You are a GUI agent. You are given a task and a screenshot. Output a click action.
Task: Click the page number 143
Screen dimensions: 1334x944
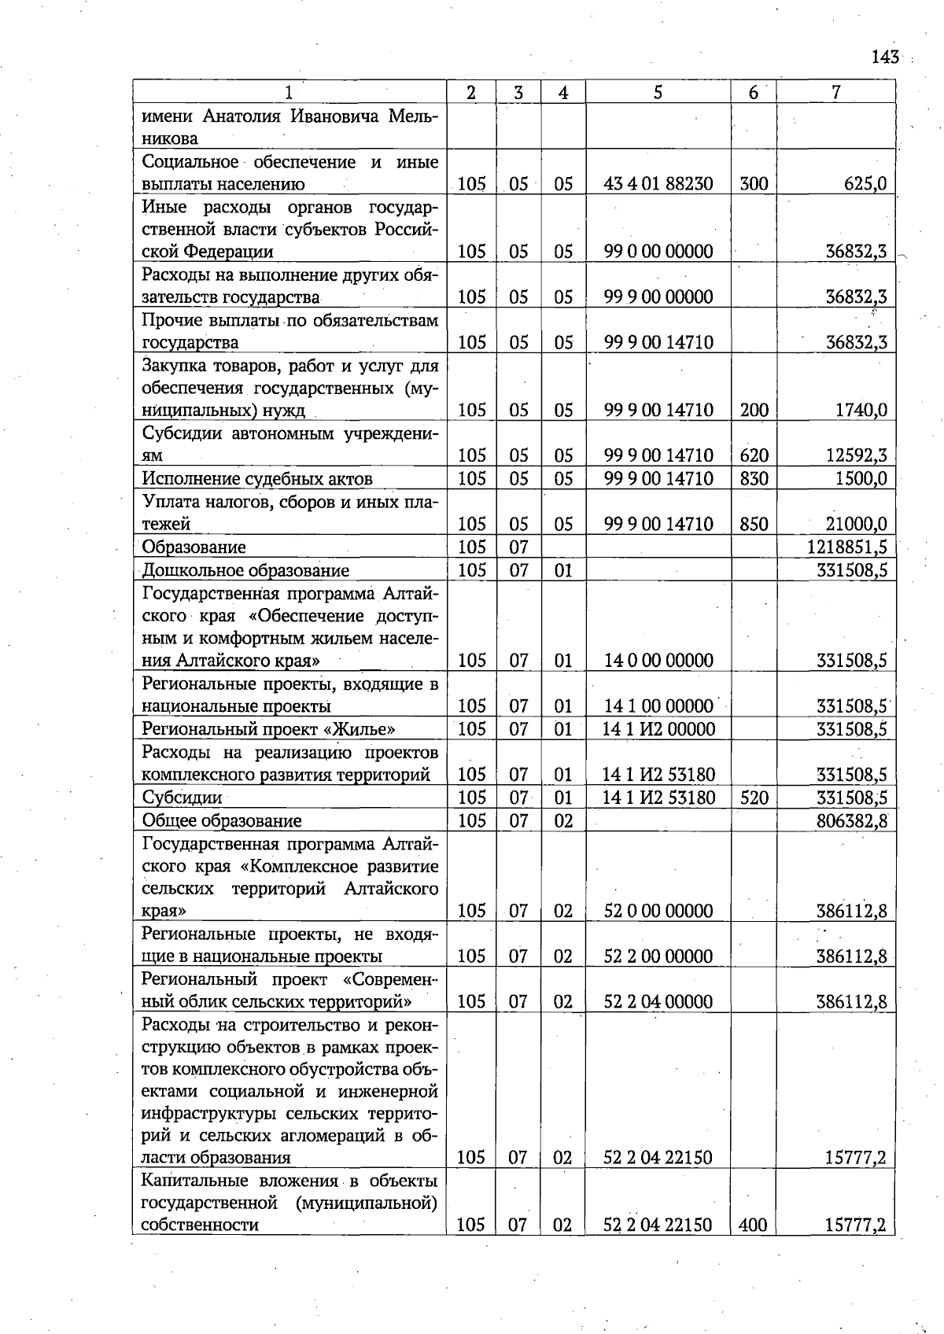885,57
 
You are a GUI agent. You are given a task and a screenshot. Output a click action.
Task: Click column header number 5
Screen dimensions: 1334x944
658,92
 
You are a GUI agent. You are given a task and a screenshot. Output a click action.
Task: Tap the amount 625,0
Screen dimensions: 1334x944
865,184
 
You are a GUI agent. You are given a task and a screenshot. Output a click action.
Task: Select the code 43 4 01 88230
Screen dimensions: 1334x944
658,184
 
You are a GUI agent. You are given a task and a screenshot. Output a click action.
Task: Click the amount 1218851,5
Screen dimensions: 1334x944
847,547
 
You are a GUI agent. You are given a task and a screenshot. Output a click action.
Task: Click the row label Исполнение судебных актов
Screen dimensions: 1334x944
257,478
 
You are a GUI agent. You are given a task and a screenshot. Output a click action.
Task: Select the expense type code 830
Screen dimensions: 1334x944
754,478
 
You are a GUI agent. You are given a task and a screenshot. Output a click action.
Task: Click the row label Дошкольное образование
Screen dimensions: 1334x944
245,569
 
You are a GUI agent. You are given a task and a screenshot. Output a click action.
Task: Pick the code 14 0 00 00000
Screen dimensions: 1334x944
658,660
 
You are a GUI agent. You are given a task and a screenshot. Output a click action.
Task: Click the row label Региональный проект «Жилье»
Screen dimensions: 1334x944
268,728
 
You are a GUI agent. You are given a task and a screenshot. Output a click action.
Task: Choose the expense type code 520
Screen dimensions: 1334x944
754,798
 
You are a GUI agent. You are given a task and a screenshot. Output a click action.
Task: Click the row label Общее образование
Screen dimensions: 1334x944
222,820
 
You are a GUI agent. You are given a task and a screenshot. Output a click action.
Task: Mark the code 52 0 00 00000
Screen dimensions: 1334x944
658,911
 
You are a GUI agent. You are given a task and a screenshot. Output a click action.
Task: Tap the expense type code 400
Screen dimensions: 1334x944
754,1225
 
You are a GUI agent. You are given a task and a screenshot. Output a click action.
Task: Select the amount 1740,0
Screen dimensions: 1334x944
861,410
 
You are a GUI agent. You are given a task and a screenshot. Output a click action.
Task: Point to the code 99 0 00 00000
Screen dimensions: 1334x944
658,252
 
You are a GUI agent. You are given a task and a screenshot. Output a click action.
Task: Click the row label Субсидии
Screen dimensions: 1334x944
182,798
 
